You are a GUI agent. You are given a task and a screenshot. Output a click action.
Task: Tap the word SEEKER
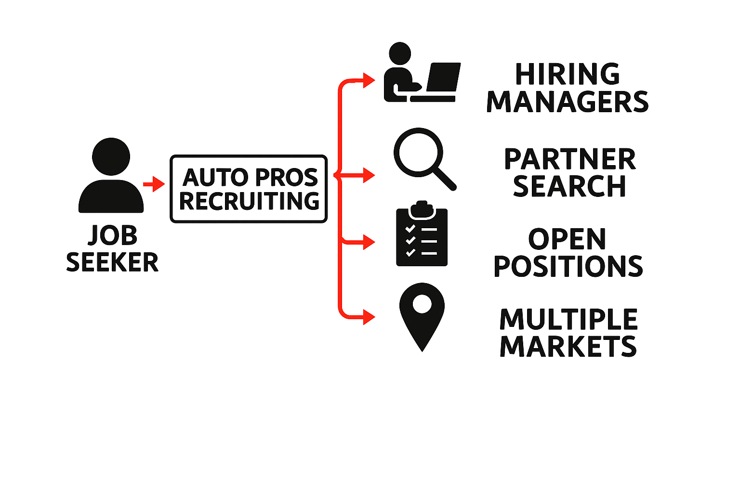coord(112,262)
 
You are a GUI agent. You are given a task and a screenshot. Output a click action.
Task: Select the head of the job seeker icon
coord(111,156)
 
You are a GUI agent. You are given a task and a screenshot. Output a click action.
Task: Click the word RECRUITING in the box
coord(249,201)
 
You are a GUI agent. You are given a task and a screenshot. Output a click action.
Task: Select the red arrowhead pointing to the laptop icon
coord(369,80)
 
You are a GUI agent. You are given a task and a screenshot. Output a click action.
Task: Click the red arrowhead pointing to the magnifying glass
coord(369,175)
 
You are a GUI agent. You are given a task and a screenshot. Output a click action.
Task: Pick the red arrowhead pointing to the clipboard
coord(369,242)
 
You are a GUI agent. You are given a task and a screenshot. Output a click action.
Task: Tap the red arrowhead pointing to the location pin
coord(369,317)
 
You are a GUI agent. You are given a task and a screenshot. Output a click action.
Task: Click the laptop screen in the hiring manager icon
coord(443,77)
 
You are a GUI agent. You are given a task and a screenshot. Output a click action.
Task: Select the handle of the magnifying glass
coord(446,180)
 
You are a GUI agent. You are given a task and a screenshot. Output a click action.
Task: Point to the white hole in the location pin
coord(422,304)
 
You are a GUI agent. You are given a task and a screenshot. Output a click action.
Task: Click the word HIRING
coord(567,75)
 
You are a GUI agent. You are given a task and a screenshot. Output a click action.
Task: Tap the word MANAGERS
coord(567,102)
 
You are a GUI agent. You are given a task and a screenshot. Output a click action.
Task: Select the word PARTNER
coord(569,159)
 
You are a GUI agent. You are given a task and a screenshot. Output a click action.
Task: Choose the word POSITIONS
coord(568,266)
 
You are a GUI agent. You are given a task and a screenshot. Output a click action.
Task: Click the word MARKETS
coord(568,346)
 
